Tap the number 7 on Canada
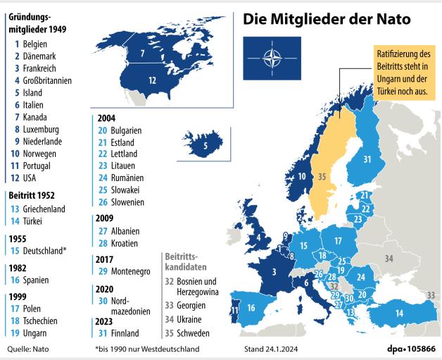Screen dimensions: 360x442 (x=142, y=53)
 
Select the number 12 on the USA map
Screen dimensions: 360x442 (x=152, y=80)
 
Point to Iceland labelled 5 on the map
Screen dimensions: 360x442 (x=204, y=147)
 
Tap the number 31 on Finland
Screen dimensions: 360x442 (x=367, y=159)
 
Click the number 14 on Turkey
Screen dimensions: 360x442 (x=398, y=313)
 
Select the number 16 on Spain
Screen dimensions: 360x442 (x=251, y=308)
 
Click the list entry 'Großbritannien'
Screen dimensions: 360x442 (x=46, y=80)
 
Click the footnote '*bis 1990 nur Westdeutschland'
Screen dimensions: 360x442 (x=147, y=349)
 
